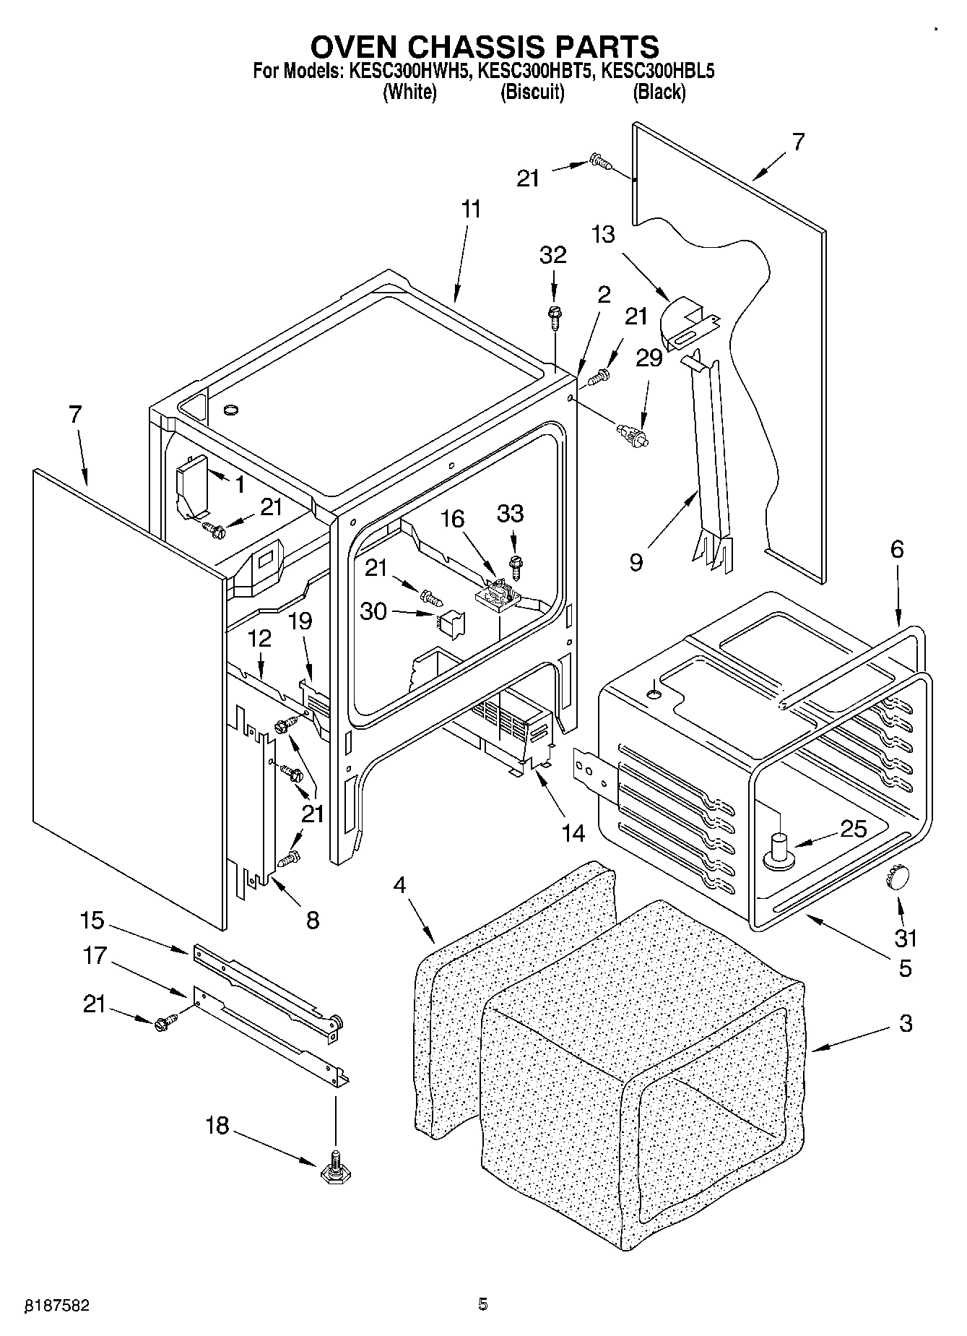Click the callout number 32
tap(553, 255)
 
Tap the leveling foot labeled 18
tap(334, 1172)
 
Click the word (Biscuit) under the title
tap(532, 92)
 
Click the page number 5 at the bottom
tap(482, 1303)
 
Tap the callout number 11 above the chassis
tap(470, 210)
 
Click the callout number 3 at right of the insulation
tap(905, 1023)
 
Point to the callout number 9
tap(636, 561)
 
